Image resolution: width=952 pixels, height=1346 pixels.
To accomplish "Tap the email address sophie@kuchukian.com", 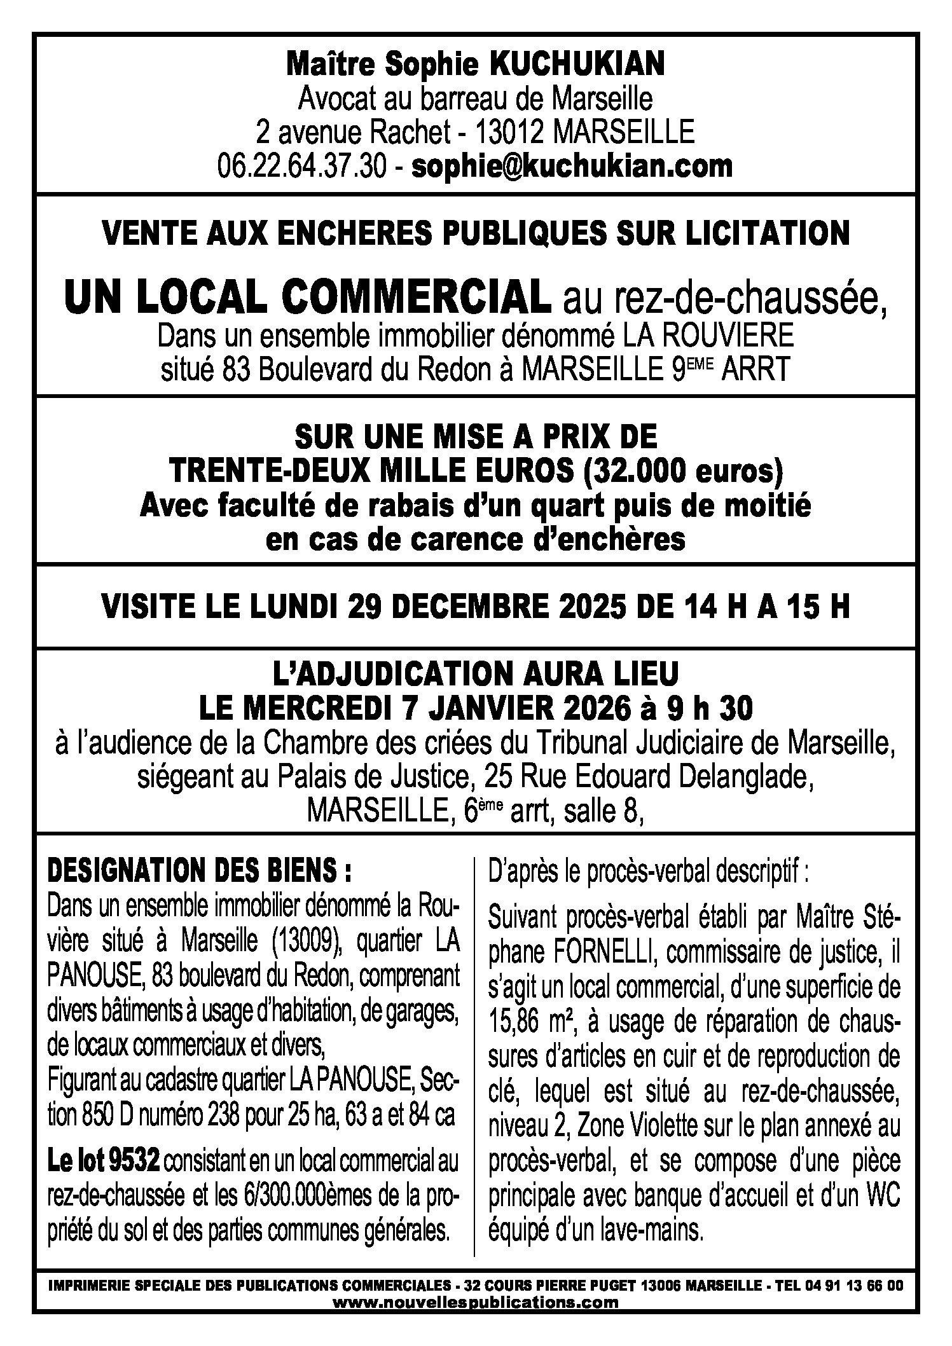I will [x=572, y=167].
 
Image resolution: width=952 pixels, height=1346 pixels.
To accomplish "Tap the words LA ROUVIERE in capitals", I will [x=707, y=335].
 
